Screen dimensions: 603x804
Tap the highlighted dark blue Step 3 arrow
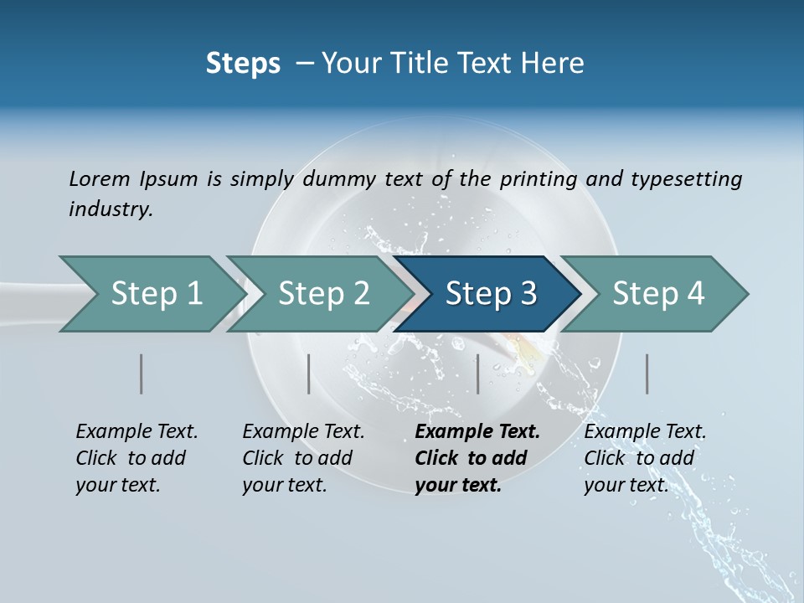click(491, 294)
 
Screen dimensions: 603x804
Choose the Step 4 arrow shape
click(658, 294)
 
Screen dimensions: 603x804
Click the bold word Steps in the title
click(243, 64)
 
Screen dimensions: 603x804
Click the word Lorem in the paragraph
click(100, 178)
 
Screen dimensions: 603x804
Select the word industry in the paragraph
click(111, 209)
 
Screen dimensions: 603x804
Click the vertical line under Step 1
click(142, 374)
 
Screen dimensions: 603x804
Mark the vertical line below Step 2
click(309, 374)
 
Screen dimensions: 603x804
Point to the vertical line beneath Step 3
click(477, 374)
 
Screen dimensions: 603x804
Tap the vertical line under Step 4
click(647, 374)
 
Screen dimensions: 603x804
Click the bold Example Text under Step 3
click(477, 432)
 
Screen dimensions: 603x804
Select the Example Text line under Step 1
click(137, 432)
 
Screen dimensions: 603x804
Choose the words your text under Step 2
click(284, 485)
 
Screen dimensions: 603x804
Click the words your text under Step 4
click(626, 485)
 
